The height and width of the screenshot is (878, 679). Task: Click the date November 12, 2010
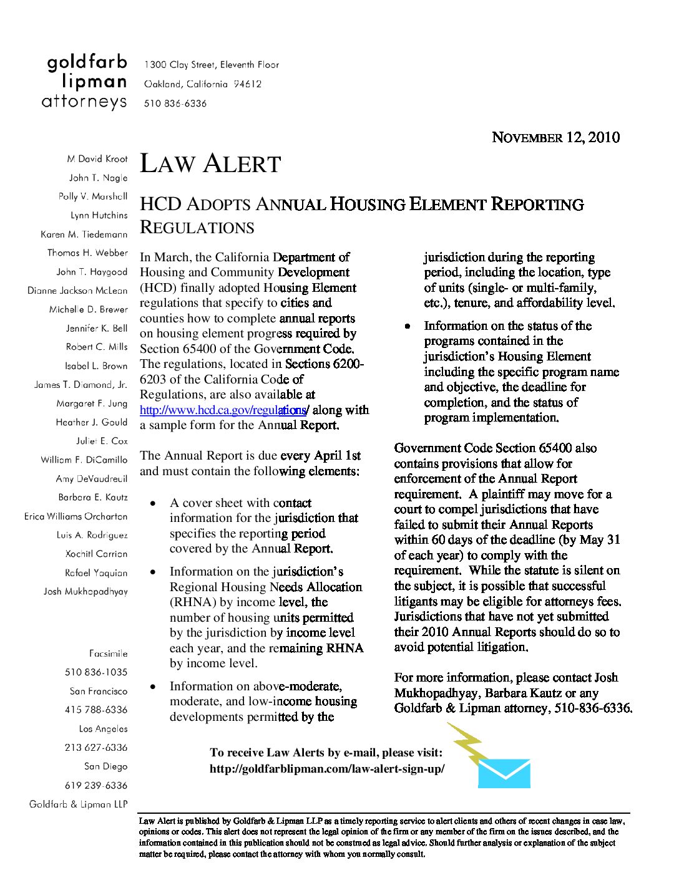tap(555, 138)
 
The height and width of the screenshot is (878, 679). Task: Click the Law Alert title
tap(210, 164)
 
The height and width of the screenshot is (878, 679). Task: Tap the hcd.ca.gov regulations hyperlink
tap(223, 410)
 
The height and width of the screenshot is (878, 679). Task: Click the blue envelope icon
tap(504, 773)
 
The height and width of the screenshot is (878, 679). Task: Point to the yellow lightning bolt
tap(467, 743)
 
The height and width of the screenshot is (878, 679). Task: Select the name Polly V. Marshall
tap(93, 196)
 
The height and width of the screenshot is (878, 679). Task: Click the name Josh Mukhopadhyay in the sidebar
tap(85, 591)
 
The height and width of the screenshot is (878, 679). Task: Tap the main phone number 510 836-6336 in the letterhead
tap(175, 104)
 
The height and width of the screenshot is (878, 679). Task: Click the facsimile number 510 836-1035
tap(96, 672)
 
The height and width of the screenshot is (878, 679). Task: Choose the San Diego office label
tap(105, 766)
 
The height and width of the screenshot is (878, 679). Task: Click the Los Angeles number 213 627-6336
tap(96, 748)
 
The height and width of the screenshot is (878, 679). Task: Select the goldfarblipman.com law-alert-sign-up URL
tap(327, 769)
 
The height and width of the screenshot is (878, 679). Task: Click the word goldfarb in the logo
tap(87, 62)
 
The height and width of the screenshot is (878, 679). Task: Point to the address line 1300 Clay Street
tap(212, 65)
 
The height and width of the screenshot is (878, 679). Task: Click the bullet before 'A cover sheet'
tap(153, 503)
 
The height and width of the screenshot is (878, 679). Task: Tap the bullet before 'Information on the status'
tap(408, 326)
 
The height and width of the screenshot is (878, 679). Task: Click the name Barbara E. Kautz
tap(93, 498)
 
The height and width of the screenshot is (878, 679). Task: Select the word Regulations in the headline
tap(197, 228)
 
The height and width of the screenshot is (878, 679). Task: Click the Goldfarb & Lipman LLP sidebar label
tap(79, 804)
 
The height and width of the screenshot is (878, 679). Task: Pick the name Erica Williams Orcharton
tap(76, 516)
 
